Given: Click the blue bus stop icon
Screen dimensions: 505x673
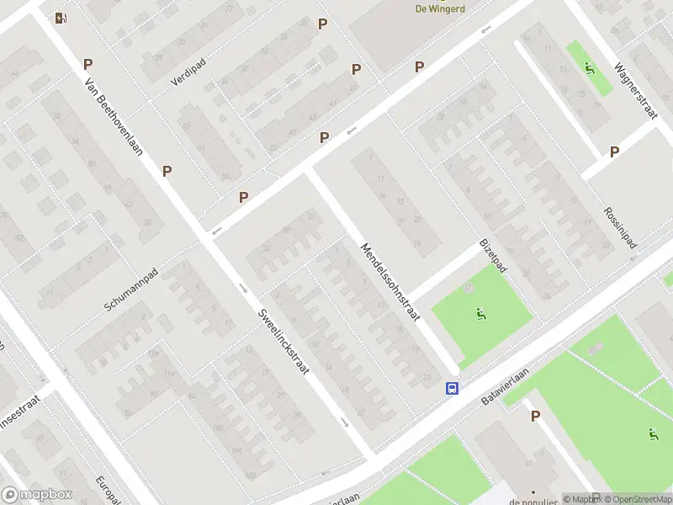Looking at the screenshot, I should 453,388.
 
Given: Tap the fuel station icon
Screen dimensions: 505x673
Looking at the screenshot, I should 60,18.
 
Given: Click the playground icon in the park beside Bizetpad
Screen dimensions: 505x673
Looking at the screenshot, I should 480,316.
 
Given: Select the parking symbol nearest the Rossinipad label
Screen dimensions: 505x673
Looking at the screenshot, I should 615,151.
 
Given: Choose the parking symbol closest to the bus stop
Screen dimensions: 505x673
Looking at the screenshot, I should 535,416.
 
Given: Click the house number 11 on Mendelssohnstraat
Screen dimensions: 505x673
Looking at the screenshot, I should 380,178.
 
